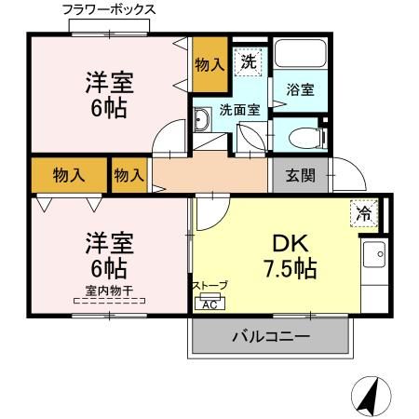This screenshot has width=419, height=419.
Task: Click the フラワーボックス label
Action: coord(109,9)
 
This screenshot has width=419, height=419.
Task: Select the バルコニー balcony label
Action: coord(270,337)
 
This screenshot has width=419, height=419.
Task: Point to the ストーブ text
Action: coord(209,286)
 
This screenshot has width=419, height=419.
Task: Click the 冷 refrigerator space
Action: coord(364,213)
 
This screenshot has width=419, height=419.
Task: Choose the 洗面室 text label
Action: coord(238,110)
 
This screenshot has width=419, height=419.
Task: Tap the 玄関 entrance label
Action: coord(300,173)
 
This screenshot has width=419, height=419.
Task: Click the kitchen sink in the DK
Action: coord(374,251)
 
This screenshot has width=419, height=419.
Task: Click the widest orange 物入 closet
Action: coord(66,174)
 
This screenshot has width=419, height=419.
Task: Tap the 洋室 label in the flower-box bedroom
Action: coord(111,82)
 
